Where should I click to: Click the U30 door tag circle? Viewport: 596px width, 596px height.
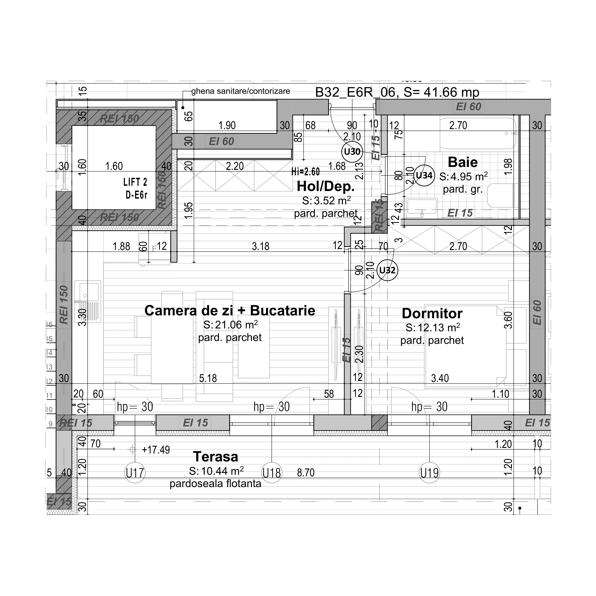[x=352, y=152]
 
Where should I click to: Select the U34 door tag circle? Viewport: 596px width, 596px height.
[x=424, y=176]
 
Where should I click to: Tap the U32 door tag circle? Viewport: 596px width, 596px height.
[x=387, y=270]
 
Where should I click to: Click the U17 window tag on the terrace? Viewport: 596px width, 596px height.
[x=135, y=473]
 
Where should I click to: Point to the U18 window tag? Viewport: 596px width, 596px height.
[x=271, y=473]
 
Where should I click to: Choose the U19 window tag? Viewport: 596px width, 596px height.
[x=429, y=473]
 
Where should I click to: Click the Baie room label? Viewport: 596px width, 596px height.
[x=462, y=162]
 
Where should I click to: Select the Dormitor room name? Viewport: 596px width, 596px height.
[x=432, y=314]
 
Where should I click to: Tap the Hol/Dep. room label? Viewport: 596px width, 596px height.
[x=326, y=186]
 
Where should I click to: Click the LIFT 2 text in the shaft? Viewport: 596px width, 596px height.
[x=135, y=182]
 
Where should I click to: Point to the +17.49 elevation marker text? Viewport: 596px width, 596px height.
[x=155, y=450]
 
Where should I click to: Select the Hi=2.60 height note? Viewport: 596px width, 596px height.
[x=305, y=171]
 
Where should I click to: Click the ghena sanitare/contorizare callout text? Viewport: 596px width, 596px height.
[x=240, y=91]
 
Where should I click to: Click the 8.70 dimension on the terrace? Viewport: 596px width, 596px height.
[x=306, y=473]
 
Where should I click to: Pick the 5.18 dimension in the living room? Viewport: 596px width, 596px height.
[x=208, y=378]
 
